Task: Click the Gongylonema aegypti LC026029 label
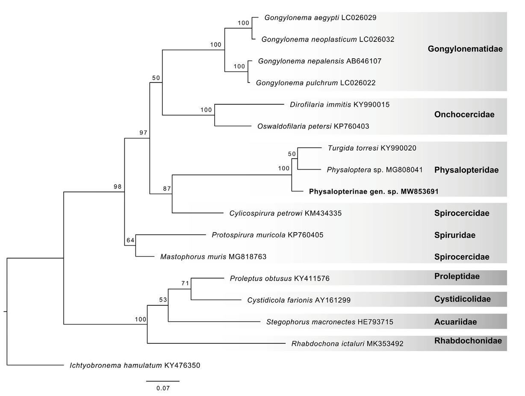click(x=320, y=18)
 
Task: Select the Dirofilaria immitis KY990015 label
click(x=339, y=104)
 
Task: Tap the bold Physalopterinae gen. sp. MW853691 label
click(x=374, y=192)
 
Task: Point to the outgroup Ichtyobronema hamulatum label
click(x=135, y=366)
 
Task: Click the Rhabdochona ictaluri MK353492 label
click(x=347, y=343)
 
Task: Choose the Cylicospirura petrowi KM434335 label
click(x=285, y=213)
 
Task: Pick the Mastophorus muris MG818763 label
click(x=213, y=257)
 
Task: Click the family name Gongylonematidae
click(x=465, y=49)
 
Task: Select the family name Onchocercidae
click(x=464, y=115)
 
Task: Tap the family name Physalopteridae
click(x=466, y=170)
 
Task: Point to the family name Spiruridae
click(x=454, y=235)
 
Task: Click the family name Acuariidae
click(x=455, y=322)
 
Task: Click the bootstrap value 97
click(x=143, y=133)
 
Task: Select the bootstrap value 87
click(x=167, y=189)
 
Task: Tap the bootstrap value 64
click(x=130, y=240)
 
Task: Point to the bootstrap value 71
click(x=185, y=283)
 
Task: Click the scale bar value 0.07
click(x=163, y=388)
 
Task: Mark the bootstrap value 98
click(x=118, y=186)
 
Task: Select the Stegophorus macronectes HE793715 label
click(x=329, y=322)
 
